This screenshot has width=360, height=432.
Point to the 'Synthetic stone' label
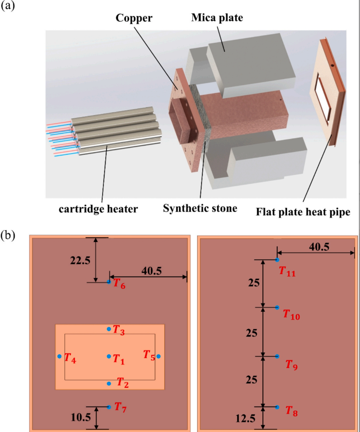click(200, 209)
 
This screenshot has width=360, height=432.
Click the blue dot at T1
click(109, 356)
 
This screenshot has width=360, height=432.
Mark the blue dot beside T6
click(109, 282)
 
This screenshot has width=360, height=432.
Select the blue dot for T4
click(59, 356)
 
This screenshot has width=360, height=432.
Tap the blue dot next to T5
click(159, 356)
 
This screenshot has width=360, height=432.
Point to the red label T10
click(291, 315)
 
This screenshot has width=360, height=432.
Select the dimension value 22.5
click(80, 260)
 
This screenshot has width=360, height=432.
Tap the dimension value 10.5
click(80, 418)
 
